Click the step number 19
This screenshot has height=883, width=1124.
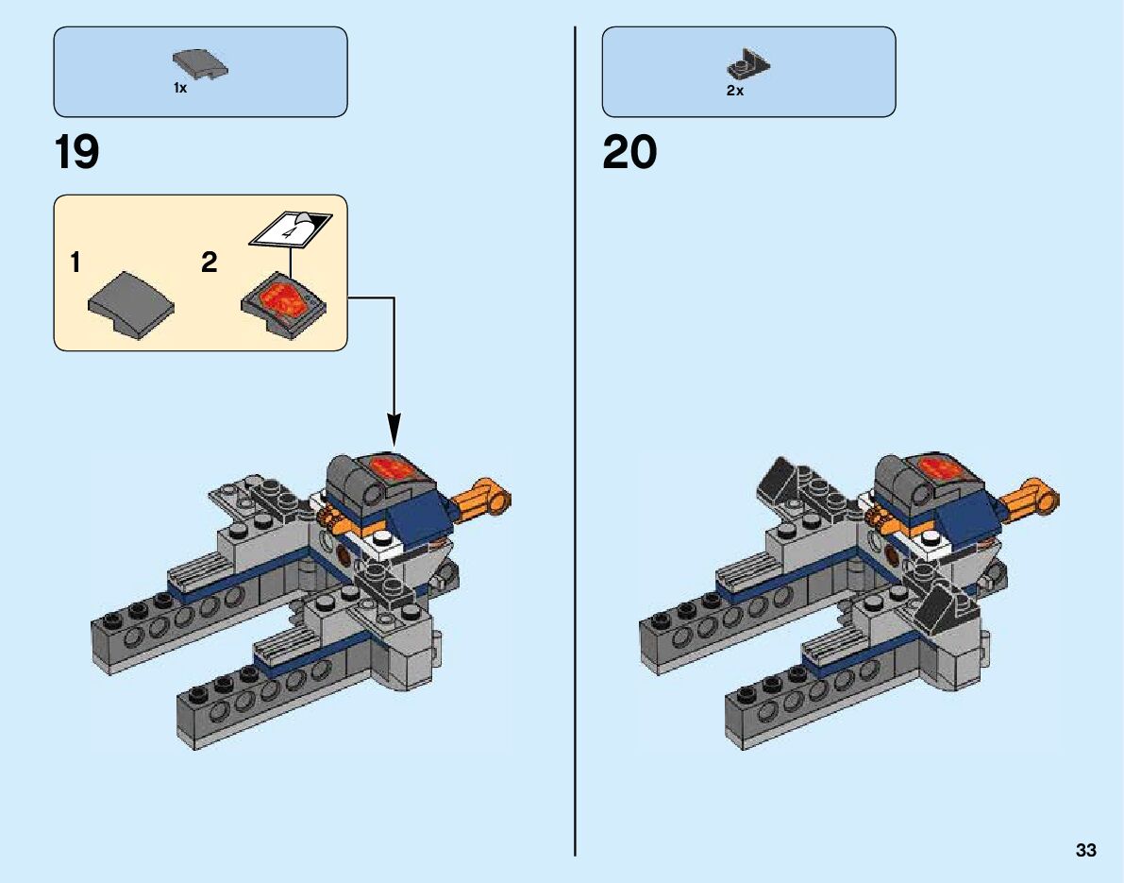point(77,153)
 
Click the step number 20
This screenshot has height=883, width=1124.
point(629,153)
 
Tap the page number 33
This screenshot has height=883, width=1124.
point(1085,851)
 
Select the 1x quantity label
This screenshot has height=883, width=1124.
point(180,88)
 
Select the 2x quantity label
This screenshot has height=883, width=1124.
point(734,91)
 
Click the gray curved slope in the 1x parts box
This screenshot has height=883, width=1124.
point(201,66)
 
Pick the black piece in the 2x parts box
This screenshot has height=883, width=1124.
point(747,63)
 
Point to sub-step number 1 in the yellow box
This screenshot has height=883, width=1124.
point(75,263)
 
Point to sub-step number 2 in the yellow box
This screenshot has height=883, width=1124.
point(209,263)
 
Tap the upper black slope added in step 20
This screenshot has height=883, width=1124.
point(781,477)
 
